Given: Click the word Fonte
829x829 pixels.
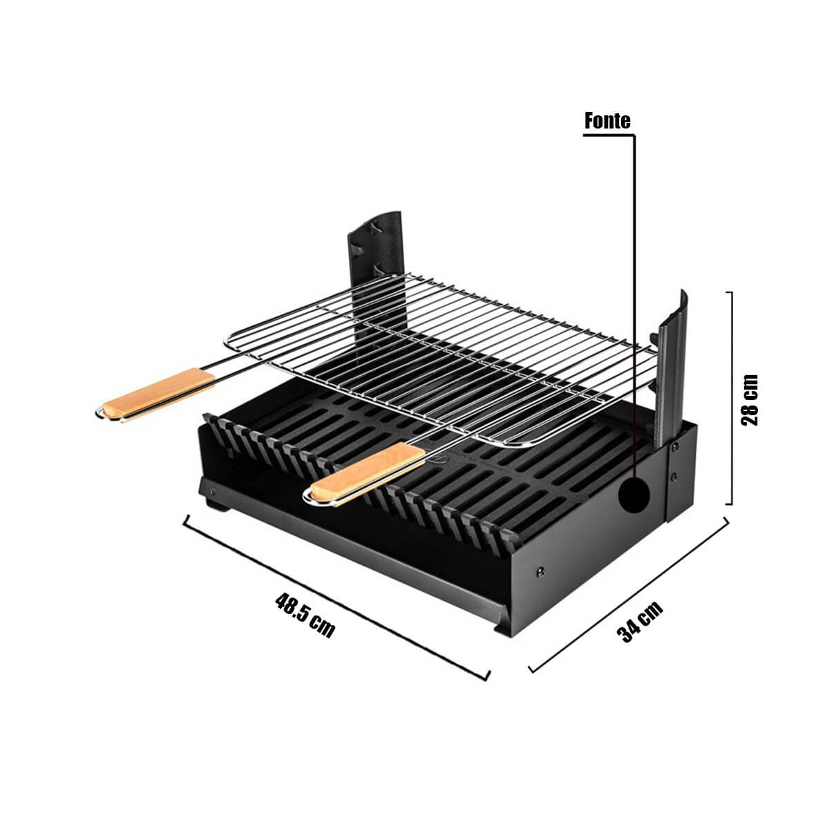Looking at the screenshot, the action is pos(607,121).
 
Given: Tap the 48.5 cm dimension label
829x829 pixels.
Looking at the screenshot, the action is pos(305,616).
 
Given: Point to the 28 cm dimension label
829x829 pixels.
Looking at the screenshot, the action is pos(749,400).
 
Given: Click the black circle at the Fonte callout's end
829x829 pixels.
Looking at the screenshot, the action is pos(633,495).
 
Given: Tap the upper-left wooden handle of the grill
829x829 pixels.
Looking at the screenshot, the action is pos(159,394).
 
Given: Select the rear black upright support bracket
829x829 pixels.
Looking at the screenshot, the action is pos(377,276).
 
